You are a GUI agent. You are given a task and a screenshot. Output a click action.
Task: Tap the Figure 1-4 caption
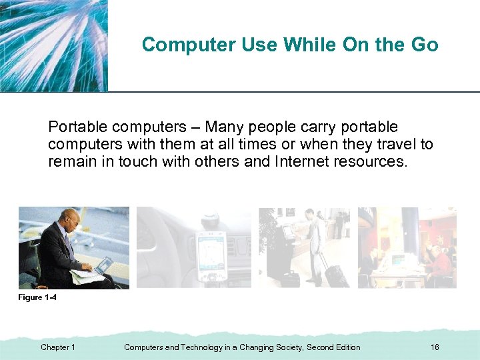coord(37,297)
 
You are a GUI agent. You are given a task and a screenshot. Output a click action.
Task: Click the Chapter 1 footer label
coord(58,347)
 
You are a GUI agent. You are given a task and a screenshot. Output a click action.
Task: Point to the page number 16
coord(435,347)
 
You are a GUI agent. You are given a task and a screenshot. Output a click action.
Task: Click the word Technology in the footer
coord(205,347)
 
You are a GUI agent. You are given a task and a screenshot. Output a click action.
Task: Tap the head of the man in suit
coord(70,219)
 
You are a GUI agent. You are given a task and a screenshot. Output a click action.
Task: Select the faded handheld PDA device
coord(211,257)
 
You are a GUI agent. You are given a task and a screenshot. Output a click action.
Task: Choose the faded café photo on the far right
coord(407,247)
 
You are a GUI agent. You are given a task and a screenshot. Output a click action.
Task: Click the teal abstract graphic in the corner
coord(53,45)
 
